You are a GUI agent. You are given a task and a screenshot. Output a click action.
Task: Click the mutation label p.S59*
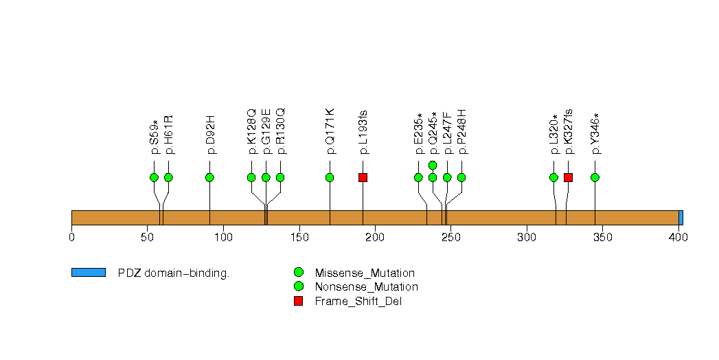(154, 137)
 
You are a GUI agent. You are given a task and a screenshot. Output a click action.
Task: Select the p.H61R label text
(168, 135)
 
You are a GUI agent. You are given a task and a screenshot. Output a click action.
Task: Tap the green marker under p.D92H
(209, 177)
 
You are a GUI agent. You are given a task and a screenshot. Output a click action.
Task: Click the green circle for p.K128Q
(251, 177)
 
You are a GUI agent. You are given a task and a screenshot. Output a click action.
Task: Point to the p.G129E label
(266, 132)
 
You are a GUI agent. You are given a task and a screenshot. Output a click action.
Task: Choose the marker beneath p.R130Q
(280, 177)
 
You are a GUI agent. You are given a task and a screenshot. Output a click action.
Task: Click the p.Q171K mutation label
(330, 132)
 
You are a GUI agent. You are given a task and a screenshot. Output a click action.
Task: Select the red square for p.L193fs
(363, 177)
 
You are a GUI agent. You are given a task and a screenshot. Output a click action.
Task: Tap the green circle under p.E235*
(418, 177)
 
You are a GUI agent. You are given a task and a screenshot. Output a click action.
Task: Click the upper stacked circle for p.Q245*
(433, 165)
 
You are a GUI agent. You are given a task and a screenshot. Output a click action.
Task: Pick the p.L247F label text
(447, 133)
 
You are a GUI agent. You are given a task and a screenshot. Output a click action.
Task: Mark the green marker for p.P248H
(461, 177)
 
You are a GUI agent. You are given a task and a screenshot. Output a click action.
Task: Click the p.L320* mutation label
(553, 135)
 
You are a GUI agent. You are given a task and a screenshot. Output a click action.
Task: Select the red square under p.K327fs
(568, 177)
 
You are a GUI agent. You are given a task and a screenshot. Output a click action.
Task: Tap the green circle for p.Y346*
(595, 177)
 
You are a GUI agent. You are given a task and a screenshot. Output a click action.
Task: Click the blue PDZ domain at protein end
(681, 218)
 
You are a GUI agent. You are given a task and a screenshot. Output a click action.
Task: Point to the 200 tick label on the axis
(375, 237)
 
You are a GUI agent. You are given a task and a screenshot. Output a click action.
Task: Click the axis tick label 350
(602, 237)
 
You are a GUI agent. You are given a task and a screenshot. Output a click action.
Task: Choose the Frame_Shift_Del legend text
(358, 302)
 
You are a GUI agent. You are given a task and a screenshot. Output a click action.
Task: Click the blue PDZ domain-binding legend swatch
(89, 273)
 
